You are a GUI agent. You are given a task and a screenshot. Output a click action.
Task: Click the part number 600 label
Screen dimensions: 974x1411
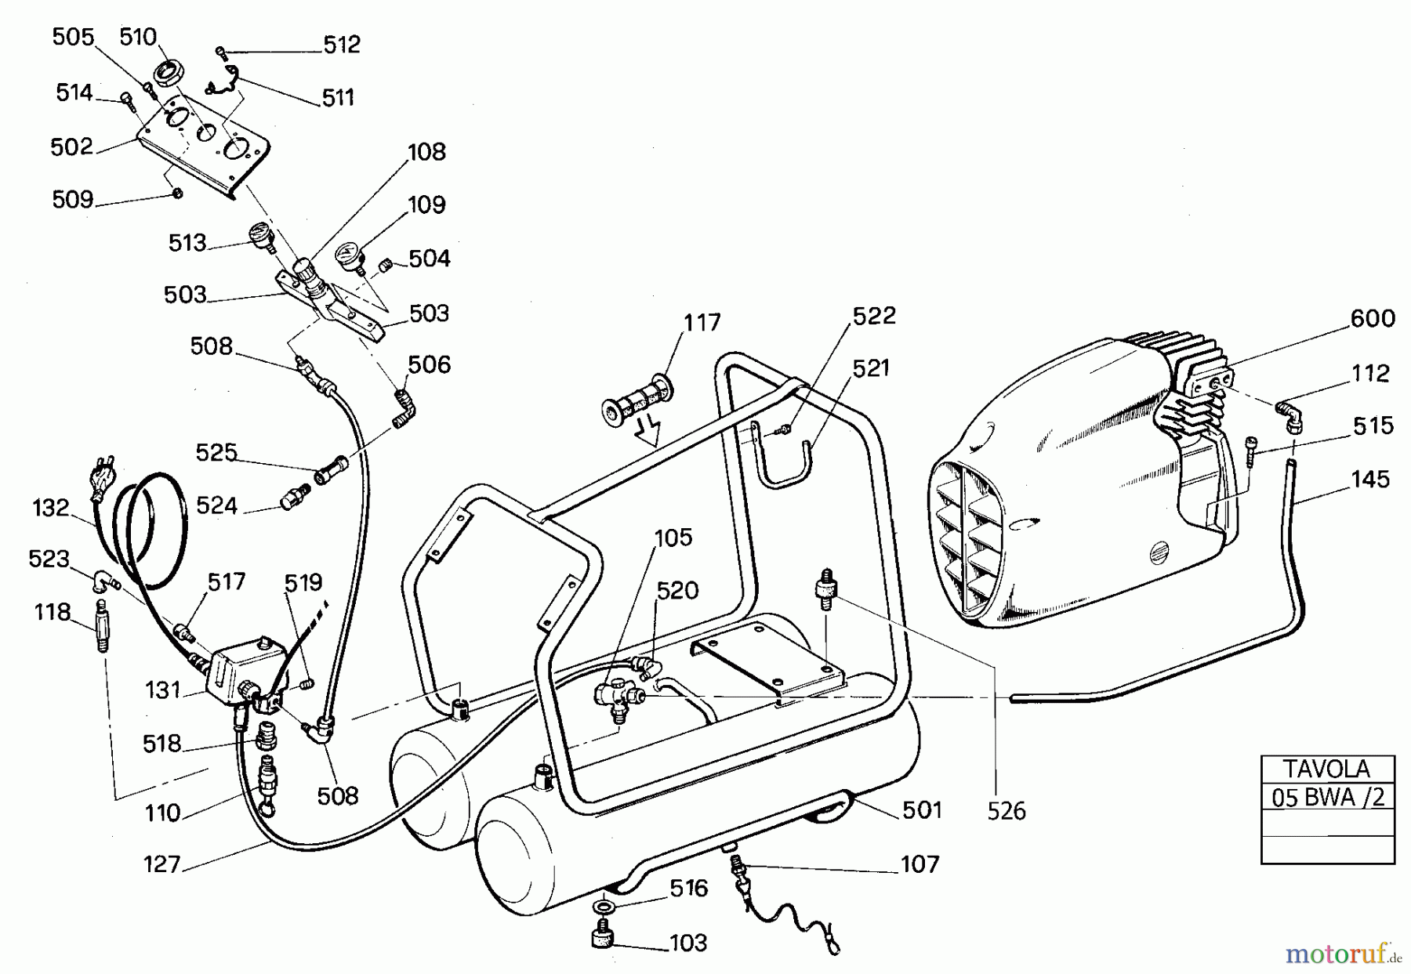1372,318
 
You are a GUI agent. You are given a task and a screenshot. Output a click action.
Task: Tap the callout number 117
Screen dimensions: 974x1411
702,322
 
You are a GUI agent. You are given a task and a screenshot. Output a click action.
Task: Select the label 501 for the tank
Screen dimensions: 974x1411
922,809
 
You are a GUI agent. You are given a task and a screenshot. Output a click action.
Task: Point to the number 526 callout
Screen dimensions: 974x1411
1006,811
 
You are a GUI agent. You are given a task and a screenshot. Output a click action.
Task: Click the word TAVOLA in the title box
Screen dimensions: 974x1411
1326,768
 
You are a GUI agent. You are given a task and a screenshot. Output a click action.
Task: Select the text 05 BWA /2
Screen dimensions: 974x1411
1328,797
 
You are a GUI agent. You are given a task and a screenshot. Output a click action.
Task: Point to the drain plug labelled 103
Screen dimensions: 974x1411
603,936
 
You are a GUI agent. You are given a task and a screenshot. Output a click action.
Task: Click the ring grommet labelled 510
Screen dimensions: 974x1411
167,73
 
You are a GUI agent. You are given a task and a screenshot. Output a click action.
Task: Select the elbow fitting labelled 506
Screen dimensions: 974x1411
405,406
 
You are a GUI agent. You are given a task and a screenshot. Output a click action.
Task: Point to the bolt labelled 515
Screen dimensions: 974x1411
1251,452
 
